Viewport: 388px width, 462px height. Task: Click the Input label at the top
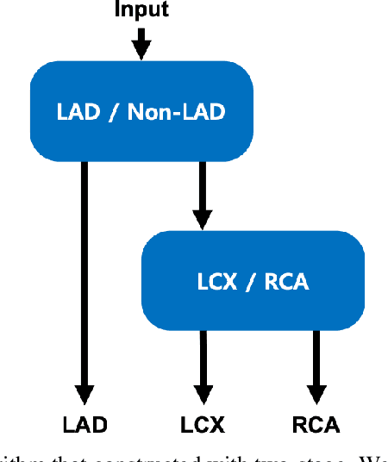click(142, 11)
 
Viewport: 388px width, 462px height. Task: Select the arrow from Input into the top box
click(142, 43)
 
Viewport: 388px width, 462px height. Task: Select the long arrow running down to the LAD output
click(85, 276)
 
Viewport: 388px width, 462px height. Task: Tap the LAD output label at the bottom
click(85, 425)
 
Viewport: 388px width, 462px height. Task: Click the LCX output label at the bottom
click(203, 425)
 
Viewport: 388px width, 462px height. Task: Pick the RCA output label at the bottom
click(316, 425)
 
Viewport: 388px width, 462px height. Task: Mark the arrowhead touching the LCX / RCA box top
click(202, 220)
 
